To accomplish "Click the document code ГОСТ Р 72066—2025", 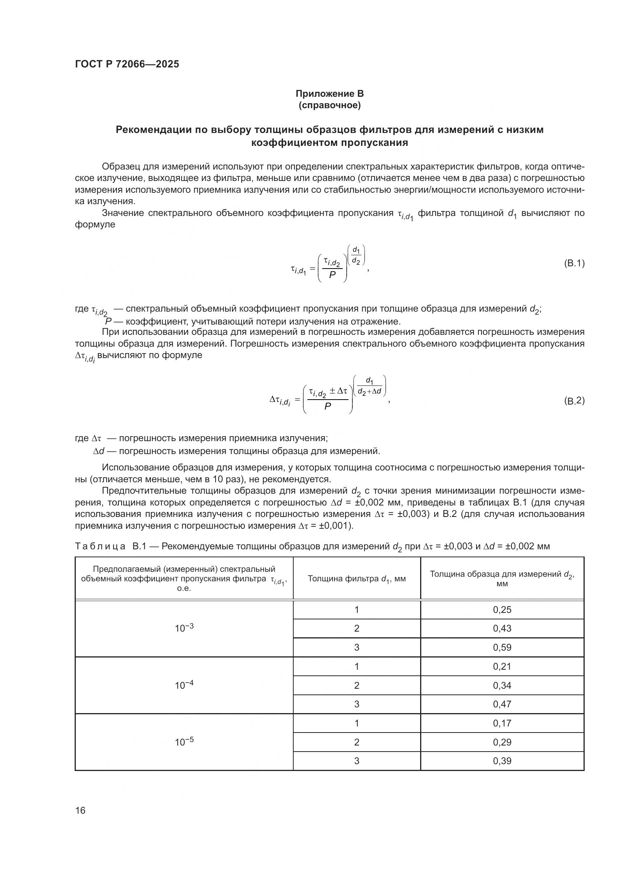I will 127,64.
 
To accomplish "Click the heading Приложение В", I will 329,94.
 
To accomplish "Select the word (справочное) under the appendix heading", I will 329,105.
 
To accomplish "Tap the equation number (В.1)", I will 574,264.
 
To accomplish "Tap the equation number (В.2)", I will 574,400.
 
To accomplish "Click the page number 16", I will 80,810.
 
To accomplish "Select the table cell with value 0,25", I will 502,609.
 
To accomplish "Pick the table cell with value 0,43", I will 502,628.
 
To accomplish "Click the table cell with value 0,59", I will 502,647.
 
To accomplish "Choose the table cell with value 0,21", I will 502,666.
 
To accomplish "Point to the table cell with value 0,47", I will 502,704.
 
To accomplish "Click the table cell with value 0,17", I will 502,723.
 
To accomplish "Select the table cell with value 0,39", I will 502,761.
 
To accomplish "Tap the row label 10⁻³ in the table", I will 184,628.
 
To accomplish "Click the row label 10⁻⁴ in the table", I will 184,685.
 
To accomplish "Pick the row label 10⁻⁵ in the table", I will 184,742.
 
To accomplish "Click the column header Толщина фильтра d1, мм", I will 357,579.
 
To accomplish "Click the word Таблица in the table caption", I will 100,546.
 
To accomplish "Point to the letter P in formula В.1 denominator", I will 332,275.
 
